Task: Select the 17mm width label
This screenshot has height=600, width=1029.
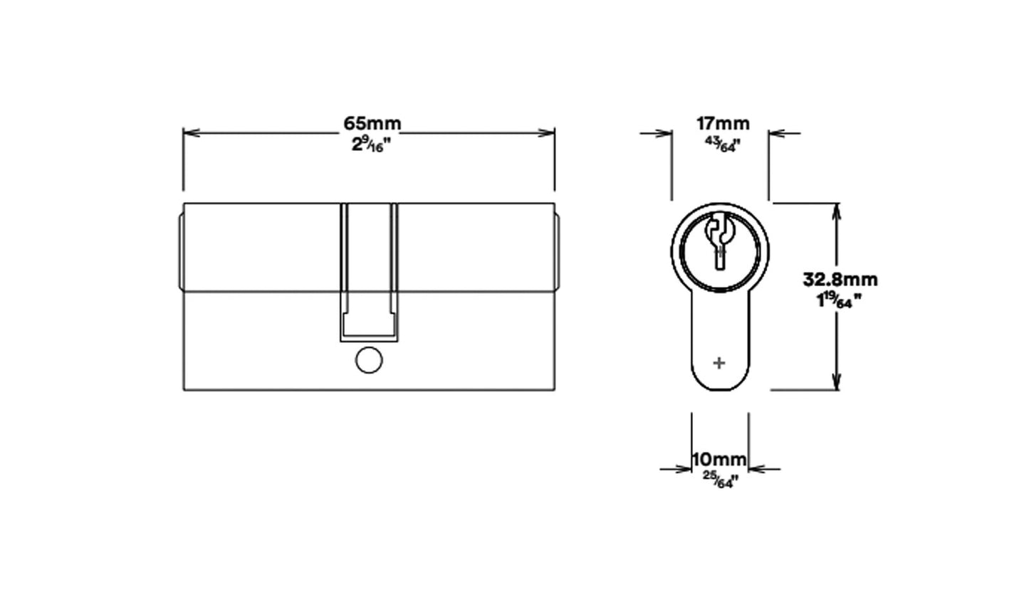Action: click(x=719, y=123)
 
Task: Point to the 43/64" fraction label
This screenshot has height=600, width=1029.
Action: click(x=720, y=144)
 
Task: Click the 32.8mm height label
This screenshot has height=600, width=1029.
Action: click(x=840, y=279)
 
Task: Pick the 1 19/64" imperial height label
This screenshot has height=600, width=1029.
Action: click(x=840, y=300)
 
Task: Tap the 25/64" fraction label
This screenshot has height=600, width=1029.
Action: click(x=719, y=480)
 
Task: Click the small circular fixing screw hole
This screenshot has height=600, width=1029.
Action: click(x=367, y=362)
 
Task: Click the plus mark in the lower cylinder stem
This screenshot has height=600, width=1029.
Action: click(x=719, y=363)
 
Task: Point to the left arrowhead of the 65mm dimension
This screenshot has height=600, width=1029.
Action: click(x=189, y=132)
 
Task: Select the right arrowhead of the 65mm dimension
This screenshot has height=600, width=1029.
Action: click(x=548, y=132)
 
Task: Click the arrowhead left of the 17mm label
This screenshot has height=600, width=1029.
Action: click(x=665, y=132)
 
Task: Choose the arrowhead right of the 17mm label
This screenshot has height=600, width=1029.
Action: click(x=775, y=132)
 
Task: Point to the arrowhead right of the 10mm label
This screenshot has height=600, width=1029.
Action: click(x=755, y=469)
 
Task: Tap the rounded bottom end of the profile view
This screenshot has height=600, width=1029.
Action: click(x=719, y=385)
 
